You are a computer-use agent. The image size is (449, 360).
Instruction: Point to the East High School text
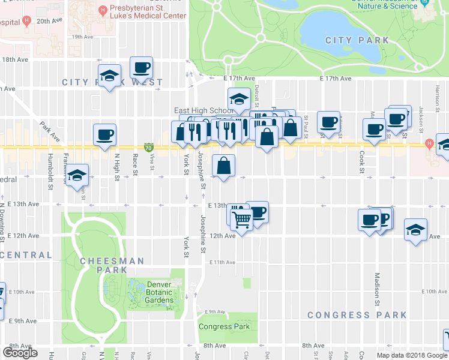203,110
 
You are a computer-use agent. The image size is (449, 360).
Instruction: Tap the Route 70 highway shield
149,147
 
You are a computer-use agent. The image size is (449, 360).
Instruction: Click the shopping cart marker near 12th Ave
241,220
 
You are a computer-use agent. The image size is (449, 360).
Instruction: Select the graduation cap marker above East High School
238,98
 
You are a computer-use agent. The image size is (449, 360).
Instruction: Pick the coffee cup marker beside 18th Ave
141,67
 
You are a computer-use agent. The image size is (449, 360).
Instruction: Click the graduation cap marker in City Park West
109,75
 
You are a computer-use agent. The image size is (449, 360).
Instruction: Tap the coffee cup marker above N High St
104,134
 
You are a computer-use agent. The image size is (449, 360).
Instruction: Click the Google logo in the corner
20,353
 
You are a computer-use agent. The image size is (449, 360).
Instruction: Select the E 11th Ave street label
222,262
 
